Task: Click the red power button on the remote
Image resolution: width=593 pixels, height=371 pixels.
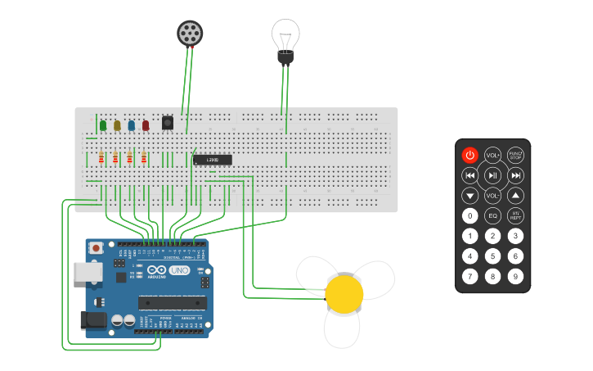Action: pos(469,155)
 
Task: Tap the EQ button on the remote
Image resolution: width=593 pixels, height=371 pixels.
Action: pos(492,216)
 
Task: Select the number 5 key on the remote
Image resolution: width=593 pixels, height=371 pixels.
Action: pos(492,256)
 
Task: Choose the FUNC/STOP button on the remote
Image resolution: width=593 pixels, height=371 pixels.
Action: pos(515,155)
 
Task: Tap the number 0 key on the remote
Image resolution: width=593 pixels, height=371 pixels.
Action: pos(469,216)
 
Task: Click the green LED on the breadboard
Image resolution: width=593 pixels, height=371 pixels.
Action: pos(103,125)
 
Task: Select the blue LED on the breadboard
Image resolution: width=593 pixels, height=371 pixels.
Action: pos(131,125)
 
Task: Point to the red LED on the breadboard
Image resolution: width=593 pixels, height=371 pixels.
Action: pos(146,125)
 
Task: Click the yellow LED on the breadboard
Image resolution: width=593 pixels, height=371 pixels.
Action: pos(117,125)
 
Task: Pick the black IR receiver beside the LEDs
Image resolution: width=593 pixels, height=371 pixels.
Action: pos(168,123)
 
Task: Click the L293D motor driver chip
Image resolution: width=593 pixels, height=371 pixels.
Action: pos(213,160)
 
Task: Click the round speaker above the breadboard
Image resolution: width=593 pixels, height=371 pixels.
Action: pos(190,34)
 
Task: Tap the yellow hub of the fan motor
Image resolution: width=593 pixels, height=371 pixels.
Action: pos(344,292)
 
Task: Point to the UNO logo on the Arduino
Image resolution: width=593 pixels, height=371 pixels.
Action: pos(179,270)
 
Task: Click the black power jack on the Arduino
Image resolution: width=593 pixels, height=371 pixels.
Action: pos(94,320)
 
